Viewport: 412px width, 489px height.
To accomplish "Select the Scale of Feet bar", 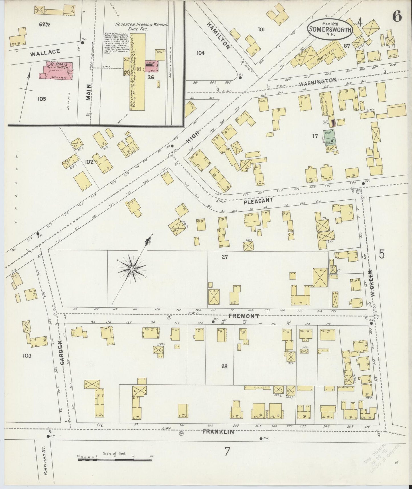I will (x=115, y=459).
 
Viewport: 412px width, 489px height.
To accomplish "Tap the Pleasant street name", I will (x=258, y=201).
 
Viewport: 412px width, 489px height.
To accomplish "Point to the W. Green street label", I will (x=372, y=282).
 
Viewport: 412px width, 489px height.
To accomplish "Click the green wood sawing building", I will (x=329, y=138).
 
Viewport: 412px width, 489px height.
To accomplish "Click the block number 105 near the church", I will (x=41, y=99).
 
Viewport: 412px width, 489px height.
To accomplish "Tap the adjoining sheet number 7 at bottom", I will (x=227, y=451).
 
